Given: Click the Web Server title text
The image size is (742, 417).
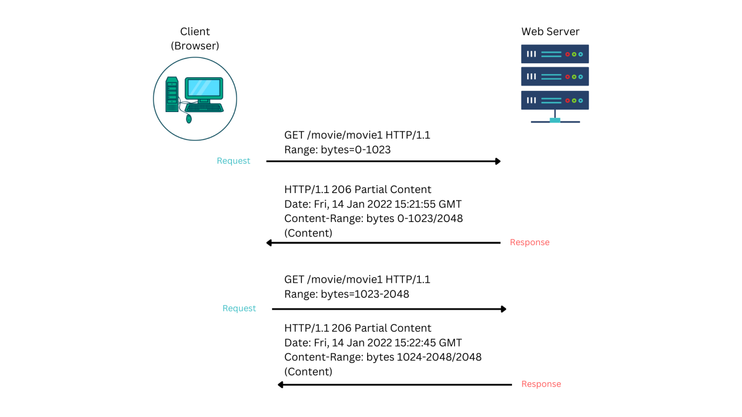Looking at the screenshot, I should pos(550,32).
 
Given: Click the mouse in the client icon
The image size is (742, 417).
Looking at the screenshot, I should pos(189,119).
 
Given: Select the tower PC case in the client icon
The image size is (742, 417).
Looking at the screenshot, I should pos(171,95).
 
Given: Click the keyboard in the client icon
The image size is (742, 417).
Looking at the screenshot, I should pos(204,108).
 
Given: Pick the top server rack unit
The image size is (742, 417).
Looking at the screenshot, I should pos(555,54).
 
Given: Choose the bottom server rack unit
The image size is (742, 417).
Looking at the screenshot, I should pos(555,100).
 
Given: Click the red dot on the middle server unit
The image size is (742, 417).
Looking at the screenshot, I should pos(568,77).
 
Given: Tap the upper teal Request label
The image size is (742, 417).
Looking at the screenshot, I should pos(233,161).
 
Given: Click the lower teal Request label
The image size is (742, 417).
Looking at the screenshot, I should pos(239,308).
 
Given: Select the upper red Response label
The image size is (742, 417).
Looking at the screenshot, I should pos(529,242).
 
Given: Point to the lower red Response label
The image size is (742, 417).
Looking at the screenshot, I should pos(541,384).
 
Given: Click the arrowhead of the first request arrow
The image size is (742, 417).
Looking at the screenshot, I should pos(498,161).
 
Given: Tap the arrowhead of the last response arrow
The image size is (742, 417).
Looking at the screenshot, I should pos(281,385).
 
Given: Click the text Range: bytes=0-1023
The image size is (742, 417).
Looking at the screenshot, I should pos(337,150).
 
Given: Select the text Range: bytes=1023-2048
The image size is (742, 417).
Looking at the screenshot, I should pos(346,294).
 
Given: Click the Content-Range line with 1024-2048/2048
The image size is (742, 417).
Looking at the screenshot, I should pos(383,357).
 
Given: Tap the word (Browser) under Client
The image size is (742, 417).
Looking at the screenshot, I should pos(195,46).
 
